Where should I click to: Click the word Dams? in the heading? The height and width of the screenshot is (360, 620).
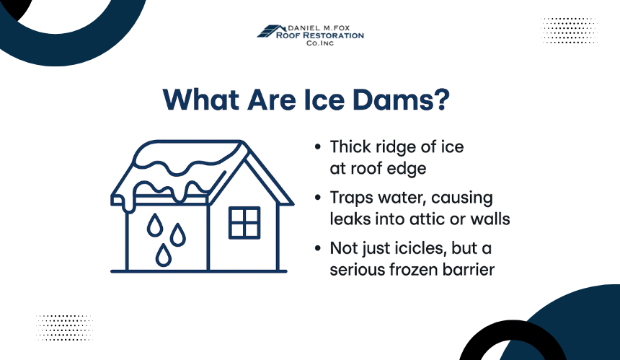(x=401, y=100)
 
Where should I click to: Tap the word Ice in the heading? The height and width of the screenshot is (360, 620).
(x=324, y=100)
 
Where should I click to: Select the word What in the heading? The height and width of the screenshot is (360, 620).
(x=201, y=100)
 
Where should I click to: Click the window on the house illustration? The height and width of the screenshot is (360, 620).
(x=244, y=223)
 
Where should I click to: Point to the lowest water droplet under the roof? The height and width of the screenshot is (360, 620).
(x=164, y=255)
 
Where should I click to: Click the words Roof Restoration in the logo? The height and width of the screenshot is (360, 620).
(x=319, y=35)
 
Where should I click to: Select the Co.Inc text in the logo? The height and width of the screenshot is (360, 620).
(x=320, y=43)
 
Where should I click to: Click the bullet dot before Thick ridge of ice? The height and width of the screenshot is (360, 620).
(x=317, y=146)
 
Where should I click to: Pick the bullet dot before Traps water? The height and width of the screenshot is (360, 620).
(x=317, y=197)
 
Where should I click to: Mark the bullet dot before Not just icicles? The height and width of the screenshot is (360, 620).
(x=317, y=248)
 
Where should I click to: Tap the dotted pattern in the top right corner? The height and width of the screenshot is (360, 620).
(x=569, y=30)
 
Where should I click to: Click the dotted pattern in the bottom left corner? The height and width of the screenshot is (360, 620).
(x=64, y=328)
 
